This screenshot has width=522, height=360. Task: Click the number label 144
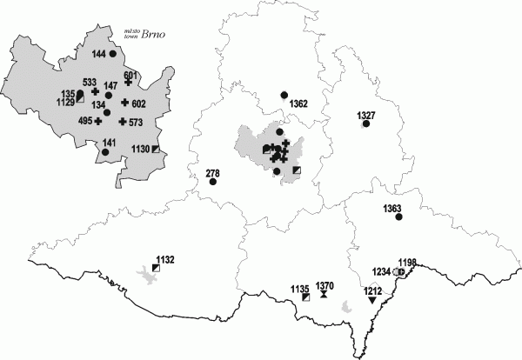[98, 54]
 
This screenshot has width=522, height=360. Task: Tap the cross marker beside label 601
[127, 83]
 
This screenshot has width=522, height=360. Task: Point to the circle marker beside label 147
[109, 95]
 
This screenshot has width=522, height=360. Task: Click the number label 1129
[66, 102]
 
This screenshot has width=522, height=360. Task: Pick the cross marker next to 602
[125, 103]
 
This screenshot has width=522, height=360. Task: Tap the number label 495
[84, 121]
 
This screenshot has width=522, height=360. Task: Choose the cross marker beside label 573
[123, 122]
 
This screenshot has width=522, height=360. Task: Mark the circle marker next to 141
[105, 152]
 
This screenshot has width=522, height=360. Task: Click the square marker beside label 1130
[156, 150]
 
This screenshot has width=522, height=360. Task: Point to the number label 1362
[298, 103]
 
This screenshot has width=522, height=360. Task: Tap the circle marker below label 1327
[366, 124]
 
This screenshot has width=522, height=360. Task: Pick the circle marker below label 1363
[399, 217]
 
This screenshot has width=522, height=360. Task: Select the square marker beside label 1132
[156, 269]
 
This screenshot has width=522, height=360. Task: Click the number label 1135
[300, 288]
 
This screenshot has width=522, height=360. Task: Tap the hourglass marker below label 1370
[324, 295]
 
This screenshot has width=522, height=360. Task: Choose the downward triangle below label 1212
[372, 300]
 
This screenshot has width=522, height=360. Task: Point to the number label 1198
[408, 262]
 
